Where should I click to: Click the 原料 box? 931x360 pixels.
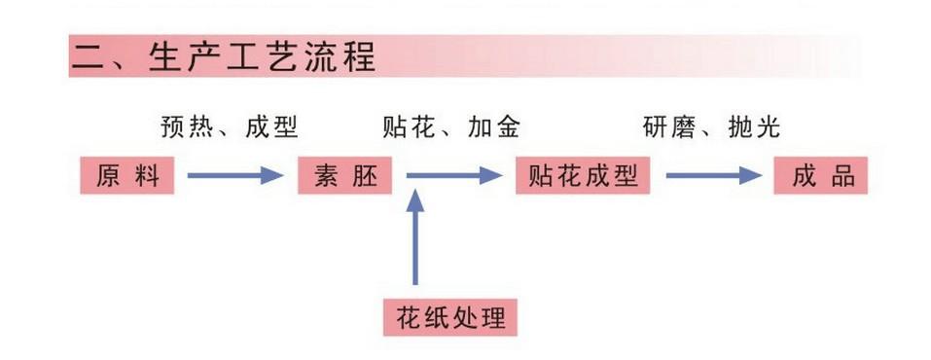(x=127, y=175)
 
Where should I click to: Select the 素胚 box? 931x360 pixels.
(x=345, y=175)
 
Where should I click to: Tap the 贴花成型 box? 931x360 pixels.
(x=583, y=175)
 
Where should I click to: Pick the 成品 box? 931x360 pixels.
(x=820, y=175)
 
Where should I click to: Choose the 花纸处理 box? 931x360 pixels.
(x=450, y=318)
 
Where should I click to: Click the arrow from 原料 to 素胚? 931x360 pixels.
(x=235, y=175)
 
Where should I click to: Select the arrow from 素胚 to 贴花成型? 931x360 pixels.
(x=455, y=175)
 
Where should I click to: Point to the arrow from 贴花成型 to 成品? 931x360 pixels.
(x=714, y=175)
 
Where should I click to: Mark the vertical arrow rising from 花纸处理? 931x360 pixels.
(x=415, y=237)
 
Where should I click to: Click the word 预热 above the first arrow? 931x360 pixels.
(x=187, y=127)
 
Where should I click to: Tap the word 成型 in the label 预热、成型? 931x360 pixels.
(x=271, y=127)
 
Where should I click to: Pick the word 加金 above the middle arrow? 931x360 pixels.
(x=494, y=127)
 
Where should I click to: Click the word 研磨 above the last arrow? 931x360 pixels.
(x=668, y=127)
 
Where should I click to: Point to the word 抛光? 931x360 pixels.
(x=754, y=127)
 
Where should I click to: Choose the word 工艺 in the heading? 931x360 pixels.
(x=262, y=57)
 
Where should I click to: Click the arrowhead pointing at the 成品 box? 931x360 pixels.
(x=751, y=175)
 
